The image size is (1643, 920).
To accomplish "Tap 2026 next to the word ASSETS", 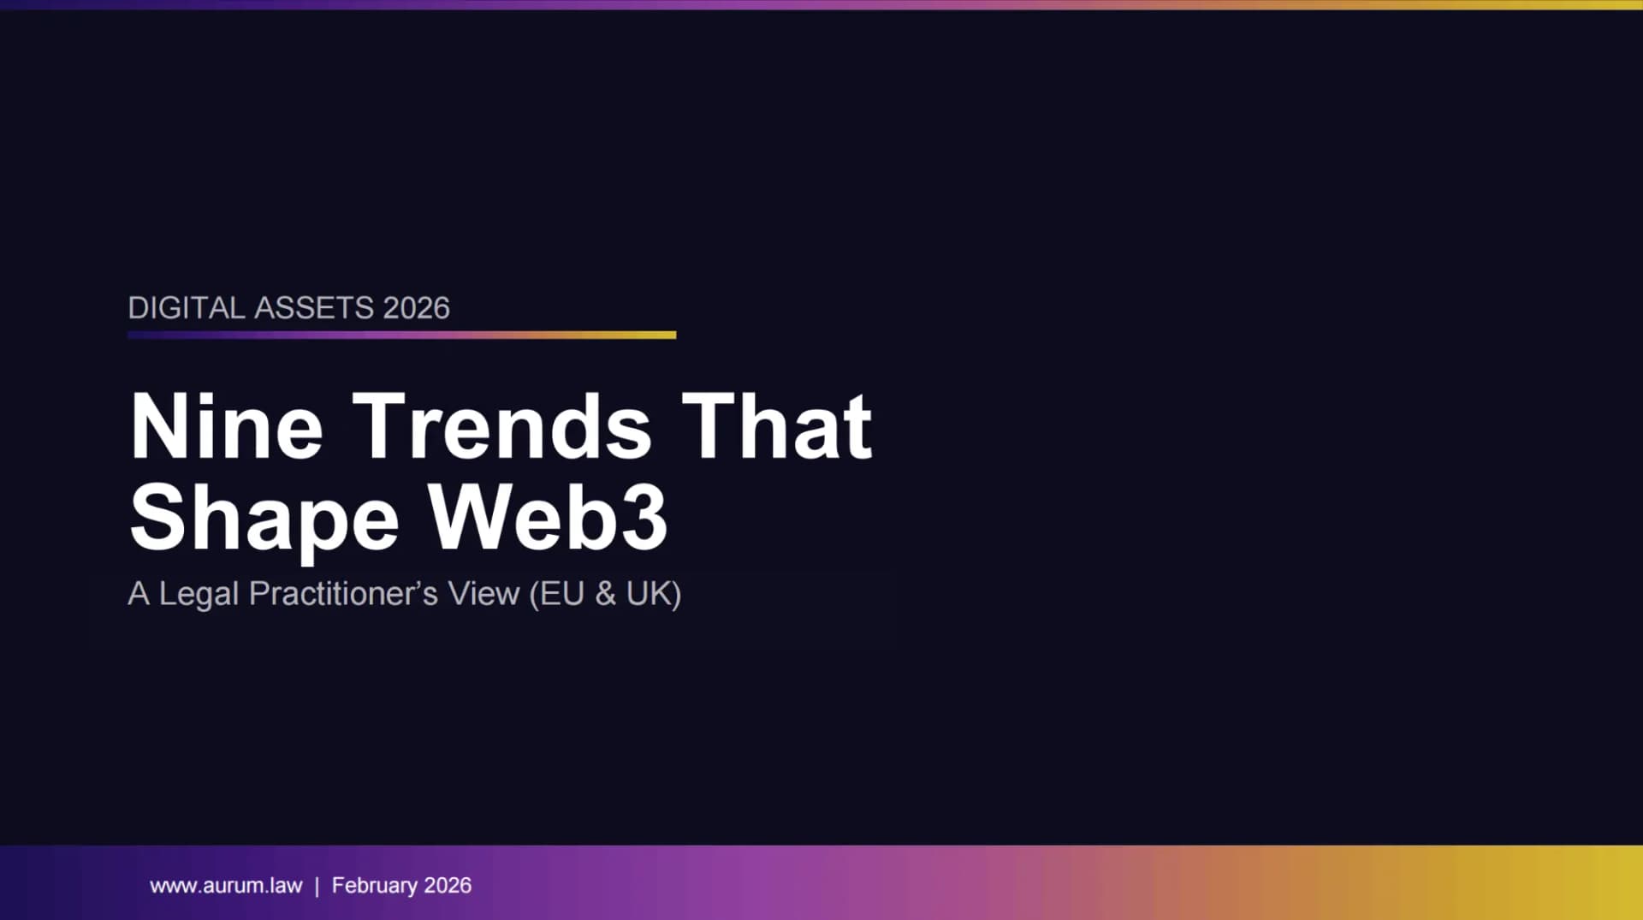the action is pyautogui.click(x=416, y=308).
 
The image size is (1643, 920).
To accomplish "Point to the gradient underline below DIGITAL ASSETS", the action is pyautogui.click(x=402, y=335).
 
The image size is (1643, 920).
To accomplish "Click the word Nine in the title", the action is pyautogui.click(x=227, y=426).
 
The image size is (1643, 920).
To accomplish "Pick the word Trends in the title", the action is pyautogui.click(x=502, y=426).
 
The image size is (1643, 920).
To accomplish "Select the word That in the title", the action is pyautogui.click(x=777, y=426).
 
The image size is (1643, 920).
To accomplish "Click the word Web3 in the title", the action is pyautogui.click(x=548, y=517).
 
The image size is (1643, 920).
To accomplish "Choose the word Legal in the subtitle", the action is pyautogui.click(x=199, y=594).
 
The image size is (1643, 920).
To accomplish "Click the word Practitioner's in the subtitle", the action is pyautogui.click(x=343, y=593).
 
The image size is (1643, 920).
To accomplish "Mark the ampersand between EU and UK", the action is pyautogui.click(x=606, y=593).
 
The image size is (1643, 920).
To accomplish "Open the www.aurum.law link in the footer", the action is pyautogui.click(x=226, y=886).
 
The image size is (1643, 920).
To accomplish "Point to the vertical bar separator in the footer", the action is pyautogui.click(x=317, y=886).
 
